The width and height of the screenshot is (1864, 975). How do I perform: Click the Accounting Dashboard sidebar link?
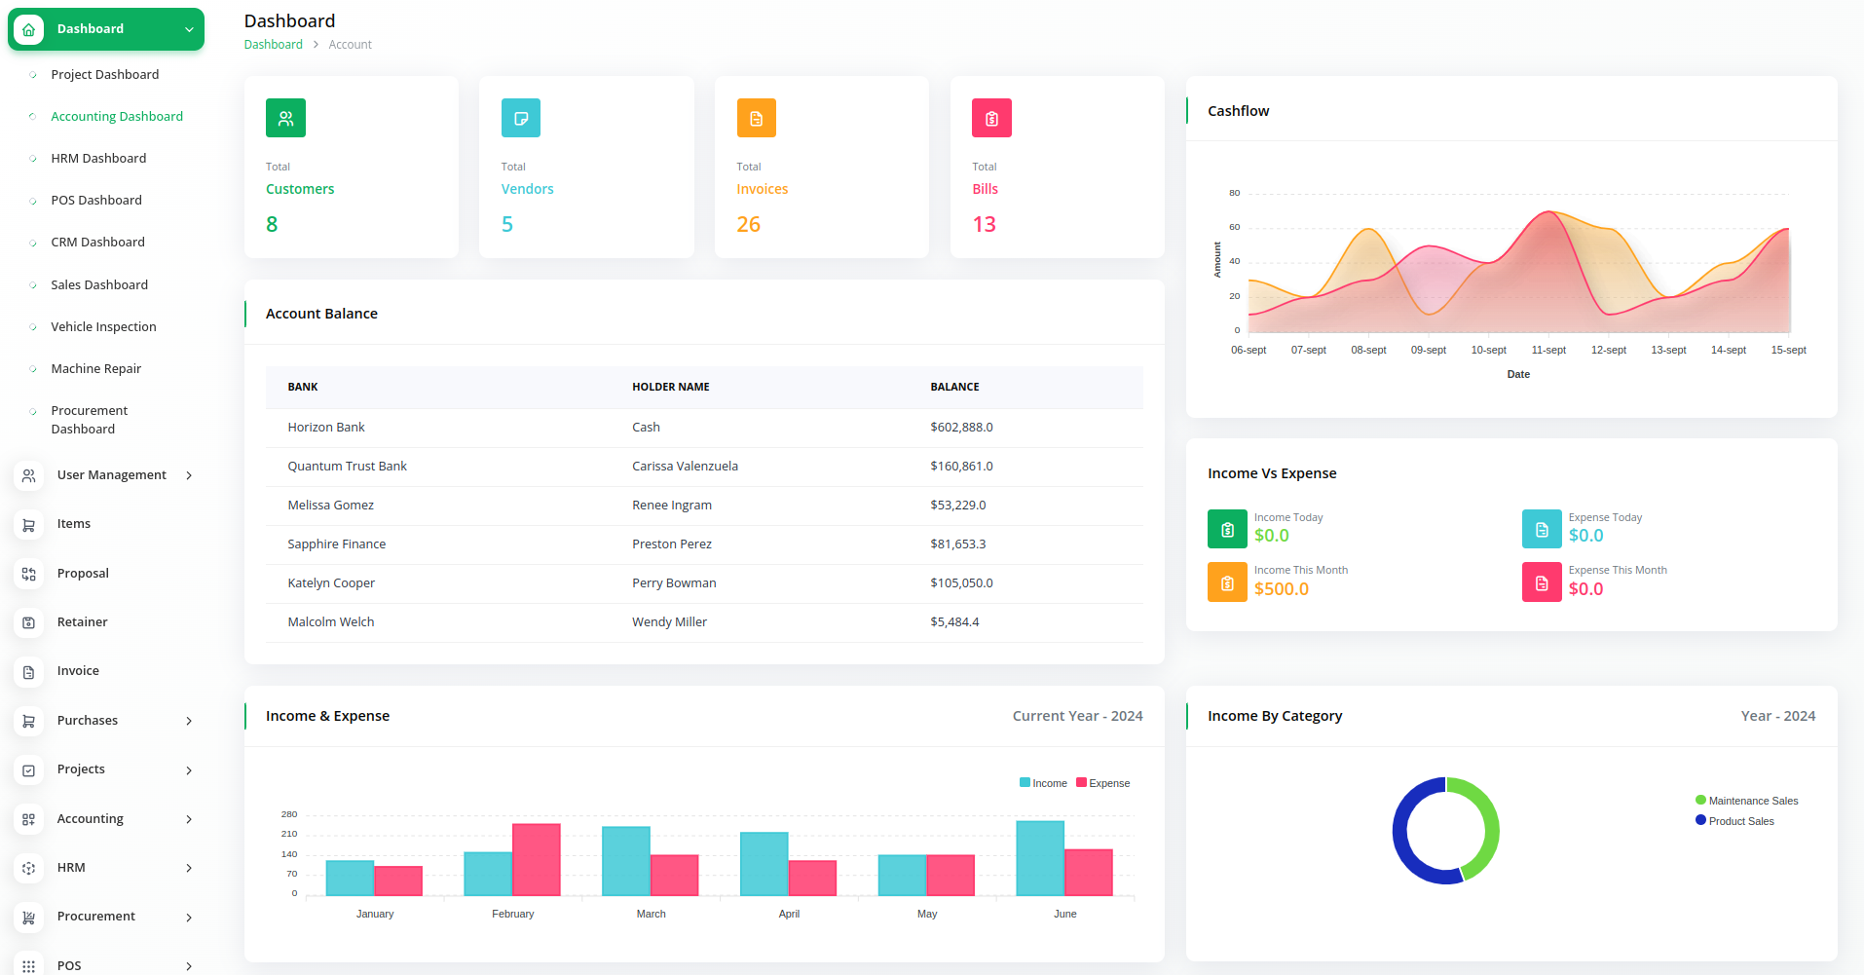tap(117, 116)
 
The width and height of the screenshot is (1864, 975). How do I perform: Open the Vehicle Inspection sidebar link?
tap(103, 326)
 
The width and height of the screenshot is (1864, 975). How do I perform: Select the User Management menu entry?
tap(111, 475)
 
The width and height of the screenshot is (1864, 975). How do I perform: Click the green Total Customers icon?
tap(285, 118)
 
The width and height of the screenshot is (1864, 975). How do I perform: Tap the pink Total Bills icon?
tap(991, 118)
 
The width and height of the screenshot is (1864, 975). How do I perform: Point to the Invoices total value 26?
tap(748, 224)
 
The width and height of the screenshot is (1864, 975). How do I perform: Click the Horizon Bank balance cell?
tap(961, 428)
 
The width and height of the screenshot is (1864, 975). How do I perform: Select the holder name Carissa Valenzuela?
tap(685, 467)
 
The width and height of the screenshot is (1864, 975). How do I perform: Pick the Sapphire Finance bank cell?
tap(336, 544)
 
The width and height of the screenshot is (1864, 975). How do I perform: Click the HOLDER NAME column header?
tap(670, 387)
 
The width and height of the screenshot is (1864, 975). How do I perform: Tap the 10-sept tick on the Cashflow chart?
tap(1488, 350)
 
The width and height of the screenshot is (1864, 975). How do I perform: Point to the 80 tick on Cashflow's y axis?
tap(1234, 193)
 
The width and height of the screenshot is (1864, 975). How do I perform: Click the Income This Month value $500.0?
tap(1281, 589)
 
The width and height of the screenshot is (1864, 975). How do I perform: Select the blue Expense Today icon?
tap(1541, 529)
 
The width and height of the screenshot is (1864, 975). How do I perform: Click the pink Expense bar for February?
tap(537, 859)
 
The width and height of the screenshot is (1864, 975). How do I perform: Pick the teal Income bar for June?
tap(1039, 857)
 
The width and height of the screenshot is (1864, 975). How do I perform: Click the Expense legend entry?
tap(1103, 783)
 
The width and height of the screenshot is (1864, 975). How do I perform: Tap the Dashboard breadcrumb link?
tap(273, 45)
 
